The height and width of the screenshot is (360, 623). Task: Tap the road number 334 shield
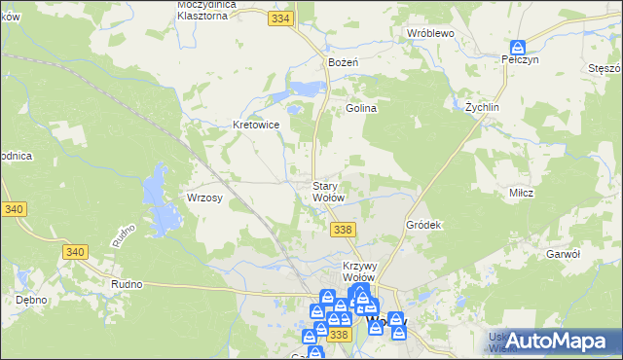point(282,18)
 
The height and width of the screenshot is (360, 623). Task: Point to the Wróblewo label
point(431,32)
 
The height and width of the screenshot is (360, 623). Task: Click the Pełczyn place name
point(520,59)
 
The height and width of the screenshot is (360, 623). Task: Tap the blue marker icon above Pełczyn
point(518,46)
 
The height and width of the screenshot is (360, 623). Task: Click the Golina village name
point(361,108)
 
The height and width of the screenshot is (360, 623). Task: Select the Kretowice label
point(257,125)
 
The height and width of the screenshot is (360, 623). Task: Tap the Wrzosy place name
point(205,198)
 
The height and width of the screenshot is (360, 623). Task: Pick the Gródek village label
point(423,225)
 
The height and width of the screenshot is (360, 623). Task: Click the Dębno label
point(31,300)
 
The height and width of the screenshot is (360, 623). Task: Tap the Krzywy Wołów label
point(360,270)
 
